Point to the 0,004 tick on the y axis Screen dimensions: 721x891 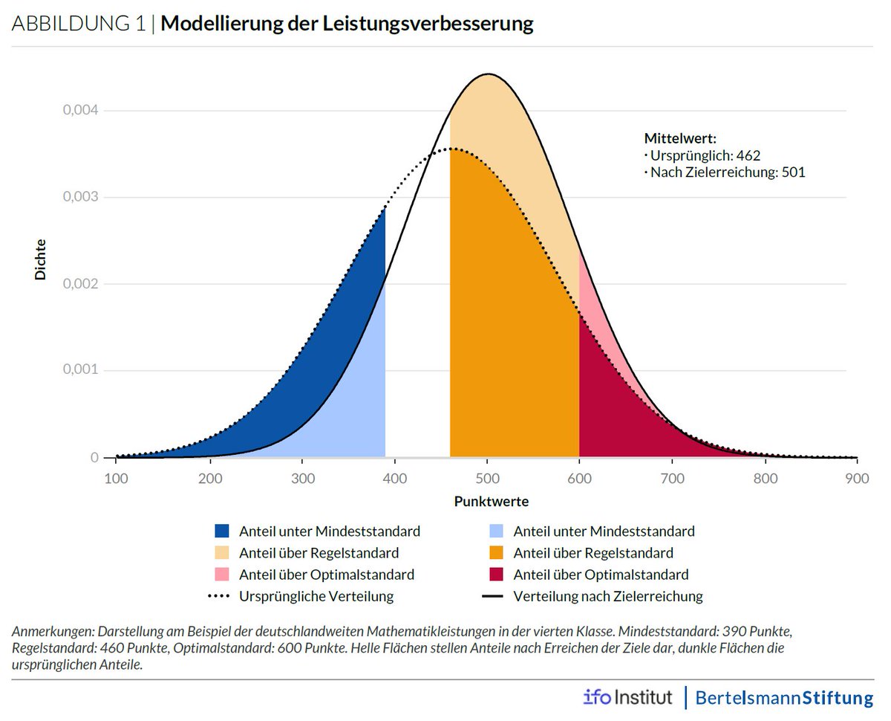coord(79,111)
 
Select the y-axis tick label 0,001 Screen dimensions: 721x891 coord(79,370)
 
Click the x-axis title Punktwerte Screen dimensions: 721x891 coord(492,501)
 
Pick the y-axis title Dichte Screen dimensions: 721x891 coord(40,259)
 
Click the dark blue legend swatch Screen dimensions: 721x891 coord(222,531)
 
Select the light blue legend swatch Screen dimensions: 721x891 coord(497,531)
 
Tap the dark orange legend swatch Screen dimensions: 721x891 coord(497,553)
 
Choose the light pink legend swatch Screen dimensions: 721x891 coord(222,575)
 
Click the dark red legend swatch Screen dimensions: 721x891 coord(497,575)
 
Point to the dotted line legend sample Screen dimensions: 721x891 coord(222,596)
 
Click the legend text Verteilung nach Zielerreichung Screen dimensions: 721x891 coord(607,596)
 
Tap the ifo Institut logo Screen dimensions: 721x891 coord(627,698)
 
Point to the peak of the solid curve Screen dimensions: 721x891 coord(487,74)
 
